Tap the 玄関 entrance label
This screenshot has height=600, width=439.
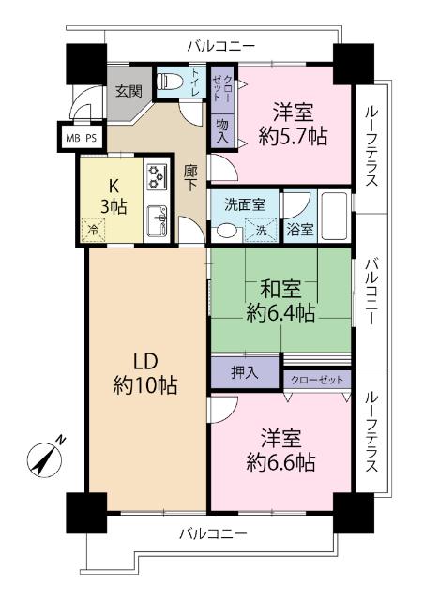tap(128, 91)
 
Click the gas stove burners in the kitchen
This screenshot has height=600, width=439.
tap(156, 173)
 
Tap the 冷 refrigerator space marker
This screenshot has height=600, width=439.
tap(93, 228)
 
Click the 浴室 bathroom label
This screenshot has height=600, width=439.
tap(300, 228)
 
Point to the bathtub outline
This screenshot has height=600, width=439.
tap(333, 215)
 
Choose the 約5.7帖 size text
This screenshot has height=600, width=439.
tap(292, 137)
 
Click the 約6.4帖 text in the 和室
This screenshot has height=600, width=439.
tap(280, 312)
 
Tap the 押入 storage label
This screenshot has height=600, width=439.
tap(245, 372)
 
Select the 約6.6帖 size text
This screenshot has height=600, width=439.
tap(280, 462)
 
